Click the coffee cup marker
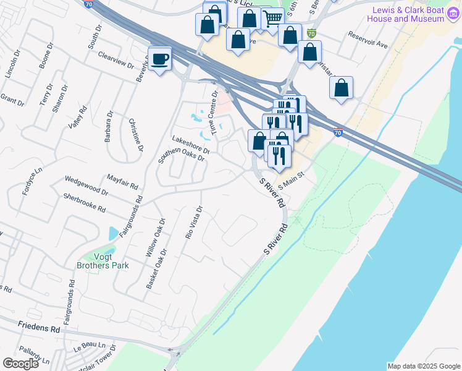pos(160,59)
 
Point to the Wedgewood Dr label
pos(87,186)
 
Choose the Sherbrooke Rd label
pos(85,202)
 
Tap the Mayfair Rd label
pos(122,181)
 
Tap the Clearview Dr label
pos(115,59)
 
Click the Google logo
pos(20,363)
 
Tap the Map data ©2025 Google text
pos(423,366)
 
